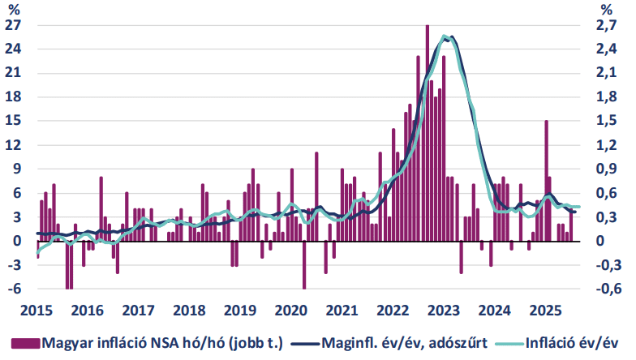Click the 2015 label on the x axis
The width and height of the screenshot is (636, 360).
[37, 311]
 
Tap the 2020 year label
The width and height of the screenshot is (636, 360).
[291, 311]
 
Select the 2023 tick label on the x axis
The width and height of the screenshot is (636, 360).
[444, 311]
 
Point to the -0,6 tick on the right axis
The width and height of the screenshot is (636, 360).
[608, 289]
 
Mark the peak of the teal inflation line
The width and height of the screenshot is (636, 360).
[445, 36]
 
